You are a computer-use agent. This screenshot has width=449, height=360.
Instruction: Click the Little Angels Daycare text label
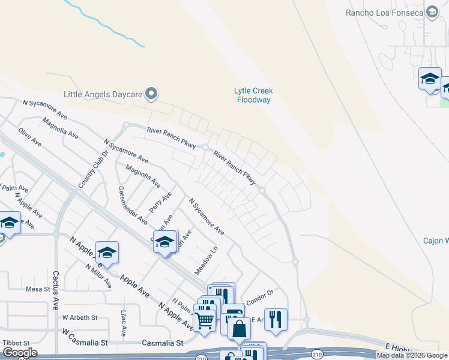[103, 94]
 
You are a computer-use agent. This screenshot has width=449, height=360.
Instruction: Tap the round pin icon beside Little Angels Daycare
[152, 94]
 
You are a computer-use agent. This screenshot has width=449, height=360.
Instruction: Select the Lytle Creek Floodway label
[253, 95]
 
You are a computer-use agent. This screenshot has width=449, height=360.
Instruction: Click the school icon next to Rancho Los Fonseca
[432, 11]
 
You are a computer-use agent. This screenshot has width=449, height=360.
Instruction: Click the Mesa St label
[38, 289]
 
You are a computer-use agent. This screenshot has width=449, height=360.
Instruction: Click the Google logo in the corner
[19, 352]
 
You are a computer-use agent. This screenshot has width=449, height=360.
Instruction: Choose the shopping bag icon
[239, 328]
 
